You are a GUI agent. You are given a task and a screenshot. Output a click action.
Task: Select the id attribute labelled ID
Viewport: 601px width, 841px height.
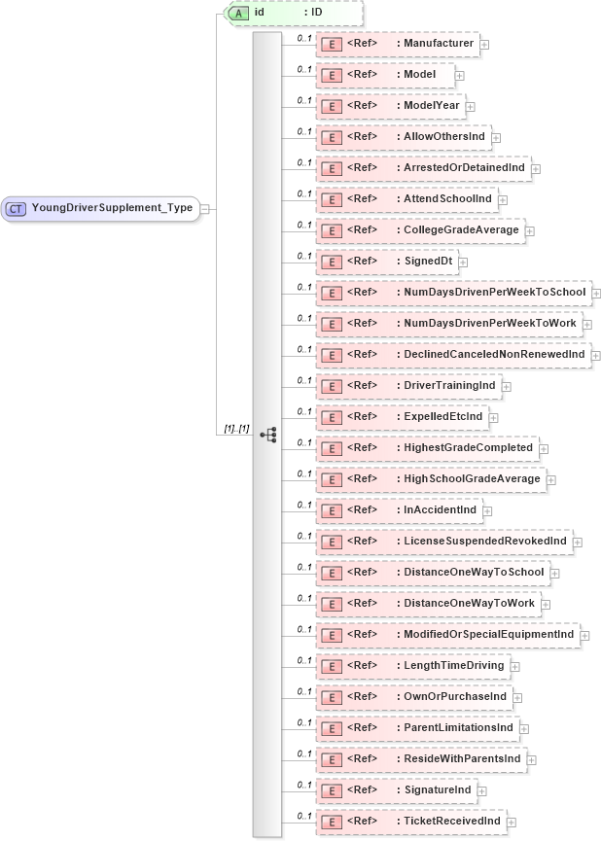pyautogui.click(x=293, y=13)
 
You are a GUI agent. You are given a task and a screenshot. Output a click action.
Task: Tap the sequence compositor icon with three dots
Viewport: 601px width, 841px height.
pyautogui.click(x=269, y=435)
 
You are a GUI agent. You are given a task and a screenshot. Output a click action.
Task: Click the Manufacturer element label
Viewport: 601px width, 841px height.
pyautogui.click(x=439, y=44)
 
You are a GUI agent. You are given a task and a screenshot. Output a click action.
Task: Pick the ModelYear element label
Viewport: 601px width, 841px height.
pyautogui.click(x=432, y=106)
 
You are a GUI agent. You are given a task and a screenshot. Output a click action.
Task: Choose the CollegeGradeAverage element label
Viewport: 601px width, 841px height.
pyautogui.click(x=462, y=230)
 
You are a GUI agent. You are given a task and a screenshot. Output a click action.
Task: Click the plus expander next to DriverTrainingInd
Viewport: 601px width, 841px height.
pyautogui.click(x=507, y=387)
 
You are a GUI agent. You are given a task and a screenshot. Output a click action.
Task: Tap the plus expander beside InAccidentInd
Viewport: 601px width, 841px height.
pyautogui.click(x=487, y=511)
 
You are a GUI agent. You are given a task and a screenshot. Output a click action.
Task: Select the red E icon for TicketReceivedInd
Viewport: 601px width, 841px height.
pyautogui.click(x=331, y=823)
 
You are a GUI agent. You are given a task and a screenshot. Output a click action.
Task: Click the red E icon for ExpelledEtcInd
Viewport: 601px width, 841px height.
pyautogui.click(x=331, y=418)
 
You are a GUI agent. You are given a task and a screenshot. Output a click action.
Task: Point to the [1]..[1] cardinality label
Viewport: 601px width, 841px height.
pyautogui.click(x=238, y=428)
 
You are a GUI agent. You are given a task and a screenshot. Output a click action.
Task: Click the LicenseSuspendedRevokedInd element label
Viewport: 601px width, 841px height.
pyautogui.click(x=484, y=541)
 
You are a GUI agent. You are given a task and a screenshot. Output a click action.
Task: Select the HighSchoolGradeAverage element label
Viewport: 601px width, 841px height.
pyautogui.click(x=471, y=479)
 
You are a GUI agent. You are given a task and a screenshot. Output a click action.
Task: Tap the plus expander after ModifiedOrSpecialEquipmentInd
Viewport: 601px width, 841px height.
pyautogui.click(x=584, y=636)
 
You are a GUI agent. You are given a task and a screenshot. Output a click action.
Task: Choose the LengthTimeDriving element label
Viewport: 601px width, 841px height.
pyautogui.click(x=454, y=666)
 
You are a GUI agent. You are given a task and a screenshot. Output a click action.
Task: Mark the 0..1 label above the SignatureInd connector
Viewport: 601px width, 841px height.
pyautogui.click(x=303, y=785)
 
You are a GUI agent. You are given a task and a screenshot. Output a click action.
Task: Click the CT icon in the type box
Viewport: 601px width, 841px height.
pyautogui.click(x=16, y=208)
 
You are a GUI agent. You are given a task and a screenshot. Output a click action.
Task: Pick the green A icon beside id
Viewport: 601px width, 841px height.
pyautogui.click(x=236, y=13)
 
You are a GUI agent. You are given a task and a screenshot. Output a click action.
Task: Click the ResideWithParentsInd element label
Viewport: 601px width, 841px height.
pyautogui.click(x=462, y=758)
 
